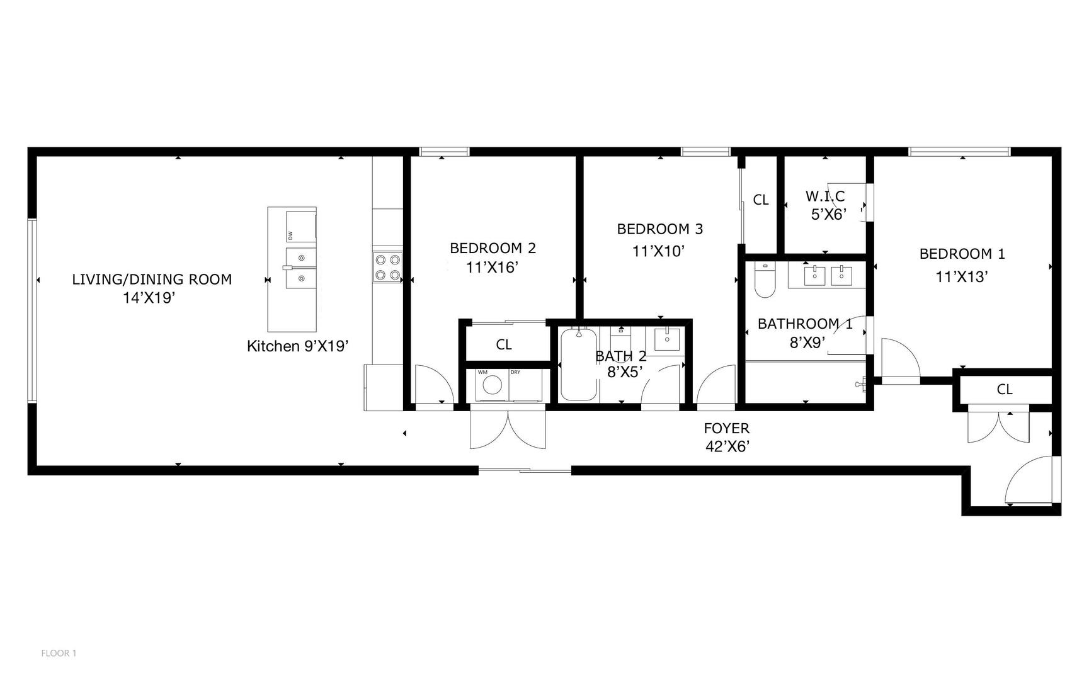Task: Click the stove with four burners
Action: [x=388, y=266]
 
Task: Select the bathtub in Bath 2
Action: [x=578, y=365]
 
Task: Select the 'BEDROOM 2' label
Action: [x=493, y=248]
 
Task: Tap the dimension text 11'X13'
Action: [x=961, y=276]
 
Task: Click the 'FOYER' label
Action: [x=726, y=428]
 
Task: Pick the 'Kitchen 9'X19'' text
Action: [x=297, y=346]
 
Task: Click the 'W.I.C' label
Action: [x=824, y=196]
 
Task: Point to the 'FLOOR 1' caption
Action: [x=59, y=653]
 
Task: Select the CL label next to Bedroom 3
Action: [x=761, y=200]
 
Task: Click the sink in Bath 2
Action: [x=666, y=339]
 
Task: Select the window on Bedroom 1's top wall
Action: [x=959, y=152]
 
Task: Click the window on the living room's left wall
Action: [x=32, y=310]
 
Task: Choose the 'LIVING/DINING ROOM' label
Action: [x=152, y=279]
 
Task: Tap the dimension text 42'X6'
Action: [x=727, y=446]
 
